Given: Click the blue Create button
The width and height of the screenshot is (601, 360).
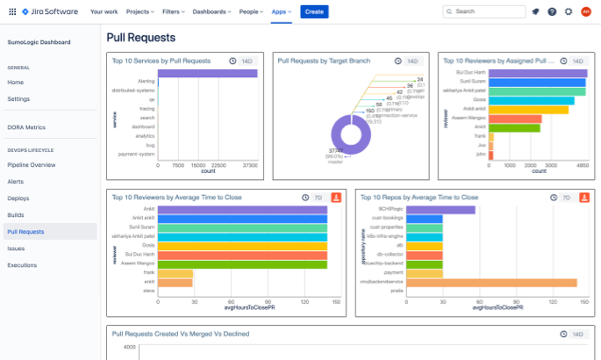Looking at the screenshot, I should click(x=314, y=11).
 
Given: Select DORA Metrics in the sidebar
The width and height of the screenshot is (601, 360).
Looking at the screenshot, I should click(x=26, y=127).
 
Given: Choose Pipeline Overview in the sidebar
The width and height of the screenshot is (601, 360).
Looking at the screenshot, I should click(x=32, y=165).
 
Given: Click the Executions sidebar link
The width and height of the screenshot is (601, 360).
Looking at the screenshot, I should click(x=22, y=264).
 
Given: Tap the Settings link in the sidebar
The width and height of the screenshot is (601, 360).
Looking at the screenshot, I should click(x=18, y=98).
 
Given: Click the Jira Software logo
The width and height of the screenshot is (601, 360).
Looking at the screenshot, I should click(x=40, y=11).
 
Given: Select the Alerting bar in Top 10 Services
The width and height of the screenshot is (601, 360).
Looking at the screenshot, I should click(x=207, y=74).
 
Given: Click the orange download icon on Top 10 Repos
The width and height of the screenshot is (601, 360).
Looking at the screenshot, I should click(x=585, y=198).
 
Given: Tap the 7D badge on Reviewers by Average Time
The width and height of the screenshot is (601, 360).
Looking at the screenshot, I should click(x=317, y=198).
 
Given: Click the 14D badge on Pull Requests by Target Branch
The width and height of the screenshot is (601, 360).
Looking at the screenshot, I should click(x=411, y=61).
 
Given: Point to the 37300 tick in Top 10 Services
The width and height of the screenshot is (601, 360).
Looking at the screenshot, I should click(x=248, y=164).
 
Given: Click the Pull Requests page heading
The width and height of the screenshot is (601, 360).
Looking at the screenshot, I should click(x=140, y=38).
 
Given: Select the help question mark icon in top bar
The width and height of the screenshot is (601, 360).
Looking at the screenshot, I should click(x=551, y=11).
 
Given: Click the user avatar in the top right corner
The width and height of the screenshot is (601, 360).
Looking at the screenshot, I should click(x=585, y=11).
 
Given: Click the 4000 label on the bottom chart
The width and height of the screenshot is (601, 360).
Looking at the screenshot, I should click(x=129, y=348).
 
